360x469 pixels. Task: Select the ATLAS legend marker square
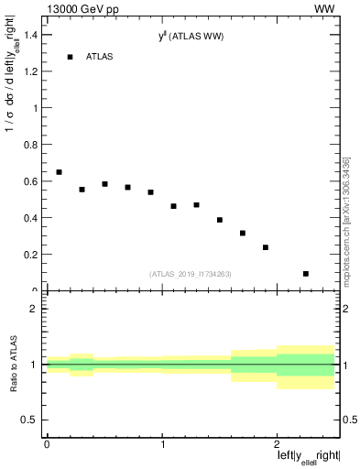coord(70,57)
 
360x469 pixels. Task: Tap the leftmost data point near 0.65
coord(59,172)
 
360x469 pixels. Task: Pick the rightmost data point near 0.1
coord(306,274)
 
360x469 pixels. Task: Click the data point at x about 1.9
coord(266,247)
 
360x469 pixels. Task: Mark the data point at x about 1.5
coord(220,220)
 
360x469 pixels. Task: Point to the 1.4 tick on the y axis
coord(33,34)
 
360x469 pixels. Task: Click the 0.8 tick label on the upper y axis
coord(33,145)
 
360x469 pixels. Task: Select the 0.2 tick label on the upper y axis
coord(33,256)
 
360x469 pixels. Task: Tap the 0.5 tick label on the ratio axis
coord(33,420)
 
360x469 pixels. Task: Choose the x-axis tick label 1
coord(162,444)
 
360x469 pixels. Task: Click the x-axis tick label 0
coord(47,444)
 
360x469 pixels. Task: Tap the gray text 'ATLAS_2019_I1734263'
coord(189,273)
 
